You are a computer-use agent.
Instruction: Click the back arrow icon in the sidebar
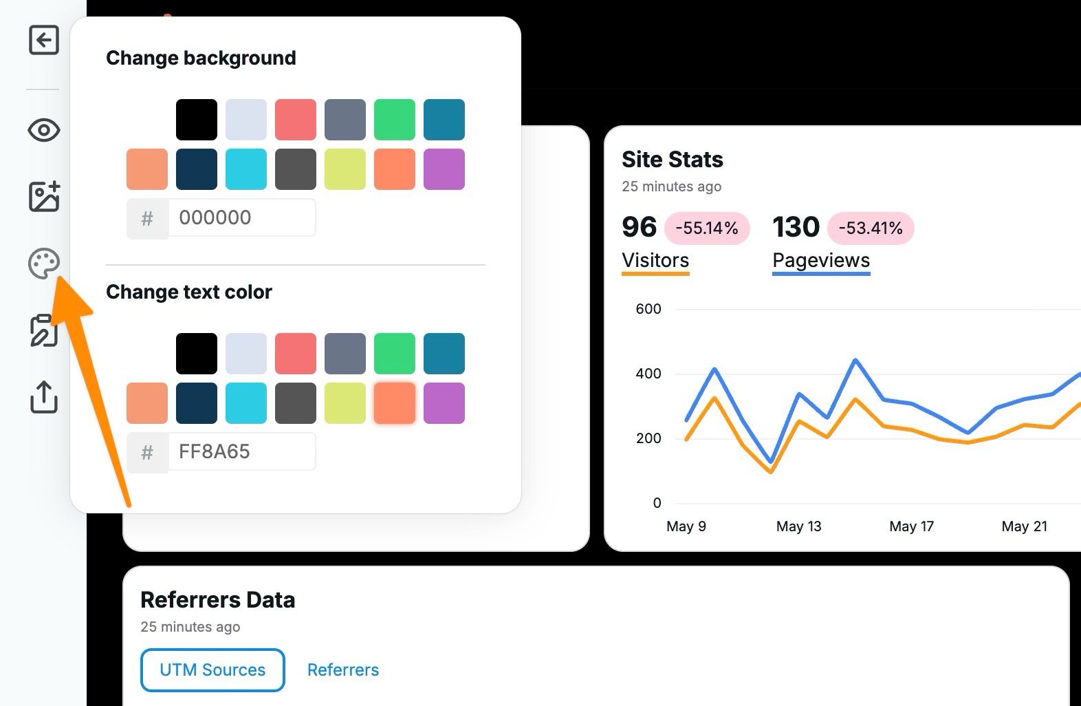pos(43,40)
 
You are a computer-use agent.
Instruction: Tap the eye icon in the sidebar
pos(43,130)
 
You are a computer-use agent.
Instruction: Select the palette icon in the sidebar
pos(43,264)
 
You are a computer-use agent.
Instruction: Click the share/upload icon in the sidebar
pos(43,397)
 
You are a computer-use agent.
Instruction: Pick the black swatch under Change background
pos(197,120)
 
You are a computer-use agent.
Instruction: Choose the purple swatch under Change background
pos(444,169)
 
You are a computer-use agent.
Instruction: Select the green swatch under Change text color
pos(395,354)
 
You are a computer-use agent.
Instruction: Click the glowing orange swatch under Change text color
pos(395,403)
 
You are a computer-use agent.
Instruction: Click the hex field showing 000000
pos(241,218)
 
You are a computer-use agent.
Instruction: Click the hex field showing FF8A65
pos(241,452)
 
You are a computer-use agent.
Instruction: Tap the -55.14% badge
pos(707,228)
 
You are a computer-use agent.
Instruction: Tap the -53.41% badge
pos(871,228)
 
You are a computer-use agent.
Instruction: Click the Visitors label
pos(655,261)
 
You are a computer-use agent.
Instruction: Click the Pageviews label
pos(821,261)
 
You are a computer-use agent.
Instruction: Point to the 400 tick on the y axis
pos(648,374)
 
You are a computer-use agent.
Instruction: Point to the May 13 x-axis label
pos(798,526)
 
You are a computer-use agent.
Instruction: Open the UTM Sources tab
pos(212,670)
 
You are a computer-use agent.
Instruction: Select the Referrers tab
pos(343,670)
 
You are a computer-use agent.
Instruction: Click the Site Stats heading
pos(673,160)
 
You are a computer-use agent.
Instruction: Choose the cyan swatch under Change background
pos(246,169)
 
